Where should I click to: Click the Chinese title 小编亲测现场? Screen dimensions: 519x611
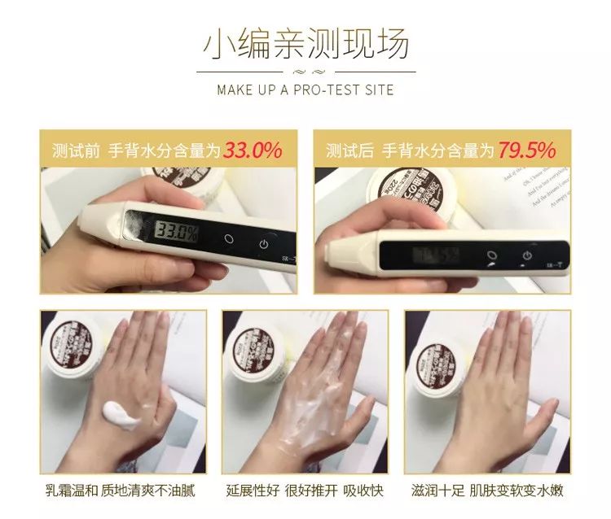coord(305,45)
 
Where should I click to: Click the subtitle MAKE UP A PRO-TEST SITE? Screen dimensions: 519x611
coord(305,89)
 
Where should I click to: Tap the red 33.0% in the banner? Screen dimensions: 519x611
coord(253,150)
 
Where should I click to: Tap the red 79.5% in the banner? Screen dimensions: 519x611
coord(527,150)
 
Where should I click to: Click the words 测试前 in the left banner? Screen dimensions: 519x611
coord(76,151)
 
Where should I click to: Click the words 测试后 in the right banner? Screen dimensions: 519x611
coord(349,151)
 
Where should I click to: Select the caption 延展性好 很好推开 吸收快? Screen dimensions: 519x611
coord(306,491)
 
